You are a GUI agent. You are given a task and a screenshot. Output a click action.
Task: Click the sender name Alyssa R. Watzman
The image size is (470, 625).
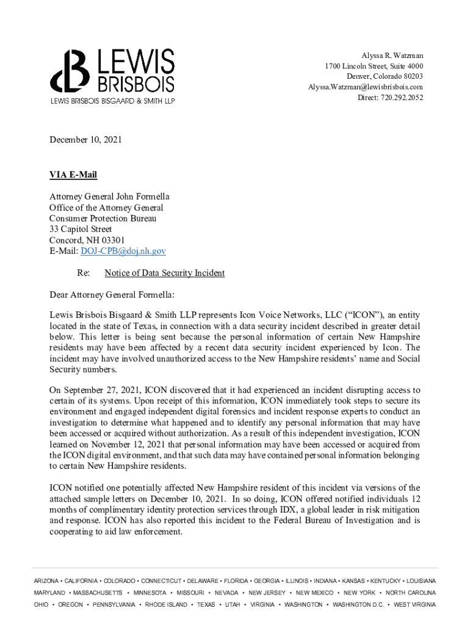click(x=392, y=56)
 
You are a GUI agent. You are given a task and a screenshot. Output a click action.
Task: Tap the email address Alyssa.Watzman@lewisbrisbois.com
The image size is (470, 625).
click(x=365, y=87)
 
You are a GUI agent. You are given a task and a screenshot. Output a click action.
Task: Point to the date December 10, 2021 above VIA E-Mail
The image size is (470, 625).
click(x=85, y=140)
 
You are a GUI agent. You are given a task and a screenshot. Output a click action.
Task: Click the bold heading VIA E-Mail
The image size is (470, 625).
click(x=73, y=175)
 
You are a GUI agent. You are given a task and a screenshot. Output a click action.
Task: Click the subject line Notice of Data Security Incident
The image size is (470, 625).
click(x=165, y=273)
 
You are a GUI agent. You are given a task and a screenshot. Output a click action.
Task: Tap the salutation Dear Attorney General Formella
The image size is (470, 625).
click(x=112, y=295)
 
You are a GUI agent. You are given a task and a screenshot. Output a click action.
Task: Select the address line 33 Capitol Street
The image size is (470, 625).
click(x=81, y=229)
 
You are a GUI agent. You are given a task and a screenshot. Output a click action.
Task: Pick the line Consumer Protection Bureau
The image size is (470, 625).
click(x=103, y=218)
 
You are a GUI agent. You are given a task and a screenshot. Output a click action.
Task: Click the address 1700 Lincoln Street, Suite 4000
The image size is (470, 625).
click(x=374, y=66)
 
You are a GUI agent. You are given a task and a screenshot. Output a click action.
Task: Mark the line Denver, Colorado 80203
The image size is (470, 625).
click(x=385, y=76)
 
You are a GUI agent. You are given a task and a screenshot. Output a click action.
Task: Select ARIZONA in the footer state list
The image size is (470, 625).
click(x=46, y=580)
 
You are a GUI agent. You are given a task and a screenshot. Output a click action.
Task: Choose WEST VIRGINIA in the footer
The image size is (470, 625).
click(x=415, y=604)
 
